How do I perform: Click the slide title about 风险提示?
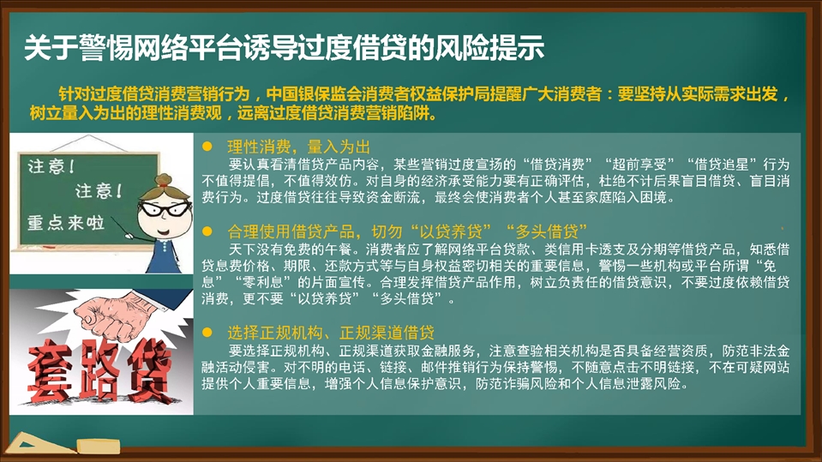(x=284, y=48)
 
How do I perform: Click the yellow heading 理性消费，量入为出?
(x=299, y=147)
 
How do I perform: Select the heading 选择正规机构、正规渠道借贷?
(x=331, y=333)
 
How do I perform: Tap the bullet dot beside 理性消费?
(x=207, y=147)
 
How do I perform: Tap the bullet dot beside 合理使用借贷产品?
(x=207, y=231)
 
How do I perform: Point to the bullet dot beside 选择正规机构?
(x=207, y=332)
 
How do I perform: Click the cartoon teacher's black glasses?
(x=165, y=209)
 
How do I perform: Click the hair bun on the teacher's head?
(x=164, y=180)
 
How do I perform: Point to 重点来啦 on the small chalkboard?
(x=66, y=223)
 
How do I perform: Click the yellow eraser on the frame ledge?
(x=99, y=447)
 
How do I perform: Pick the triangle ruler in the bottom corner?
(x=38, y=444)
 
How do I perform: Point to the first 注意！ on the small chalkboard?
(x=51, y=167)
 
